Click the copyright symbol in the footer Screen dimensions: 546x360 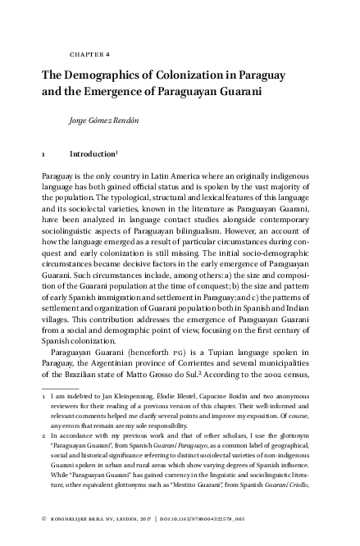click(x=43, y=519)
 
